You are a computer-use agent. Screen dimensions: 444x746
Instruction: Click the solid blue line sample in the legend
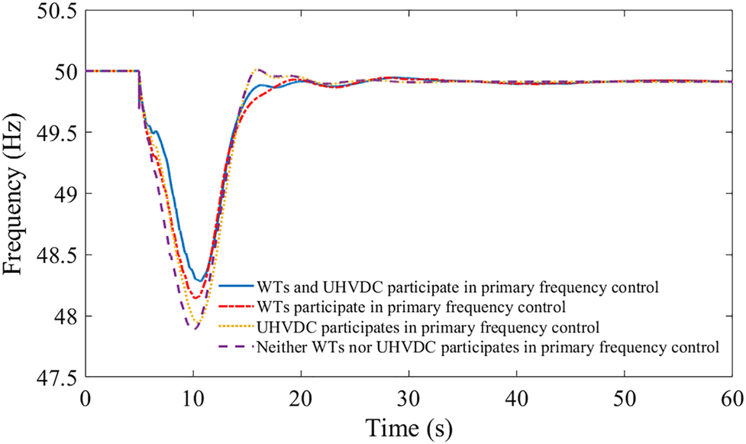(236, 287)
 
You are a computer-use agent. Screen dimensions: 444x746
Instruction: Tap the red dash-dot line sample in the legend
(236, 307)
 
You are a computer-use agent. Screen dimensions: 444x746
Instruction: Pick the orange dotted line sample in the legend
(236, 327)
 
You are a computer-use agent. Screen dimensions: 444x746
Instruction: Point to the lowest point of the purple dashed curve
(195, 329)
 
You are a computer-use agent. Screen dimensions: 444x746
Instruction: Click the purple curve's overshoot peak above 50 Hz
(257, 69)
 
